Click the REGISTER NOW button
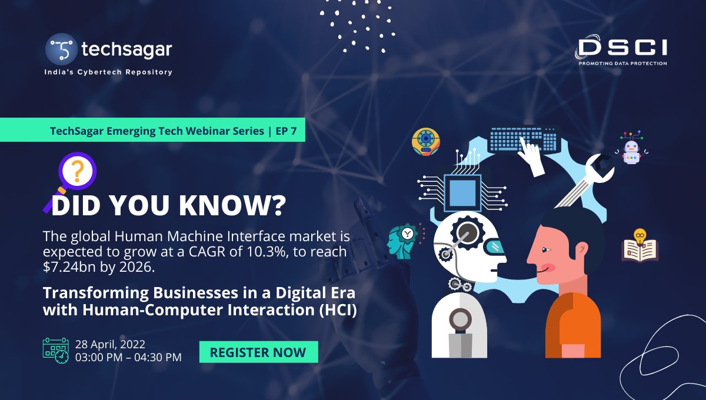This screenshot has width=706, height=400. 258,352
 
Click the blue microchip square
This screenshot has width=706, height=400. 462,192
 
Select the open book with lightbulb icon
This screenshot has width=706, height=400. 640,245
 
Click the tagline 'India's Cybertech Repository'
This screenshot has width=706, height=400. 108,72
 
